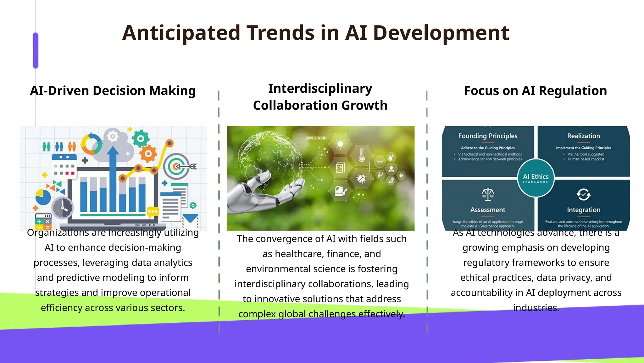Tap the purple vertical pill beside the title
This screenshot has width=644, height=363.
[x=36, y=50]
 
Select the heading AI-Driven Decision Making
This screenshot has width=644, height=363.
[x=113, y=91]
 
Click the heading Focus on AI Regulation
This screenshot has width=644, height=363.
[x=535, y=91]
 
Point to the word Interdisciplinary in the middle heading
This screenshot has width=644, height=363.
[x=320, y=89]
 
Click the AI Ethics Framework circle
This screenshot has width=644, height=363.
[x=536, y=178]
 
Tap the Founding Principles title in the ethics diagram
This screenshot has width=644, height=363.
[x=487, y=136]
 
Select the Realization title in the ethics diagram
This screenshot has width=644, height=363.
[x=583, y=136]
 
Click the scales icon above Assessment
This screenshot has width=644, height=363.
[x=488, y=194]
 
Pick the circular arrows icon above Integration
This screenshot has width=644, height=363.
[x=583, y=194]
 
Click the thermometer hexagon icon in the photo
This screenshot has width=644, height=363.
[x=362, y=155]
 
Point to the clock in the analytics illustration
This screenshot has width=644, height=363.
[x=63, y=208]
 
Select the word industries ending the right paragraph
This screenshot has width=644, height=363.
[x=536, y=308]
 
